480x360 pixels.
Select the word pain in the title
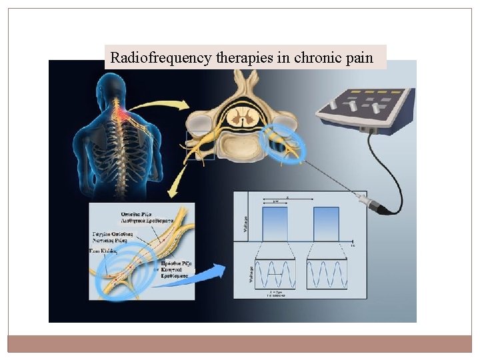coord(359,57)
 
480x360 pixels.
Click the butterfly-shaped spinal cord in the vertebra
coord(237,118)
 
